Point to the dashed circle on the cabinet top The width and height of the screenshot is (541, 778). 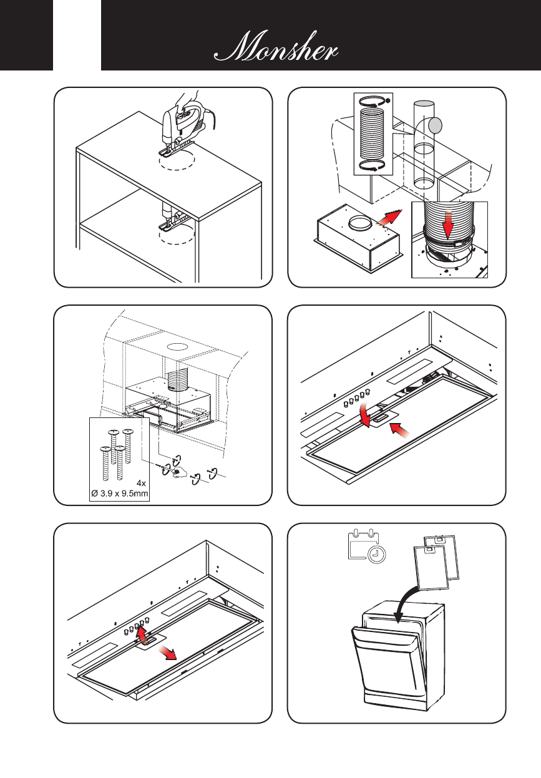tap(177, 161)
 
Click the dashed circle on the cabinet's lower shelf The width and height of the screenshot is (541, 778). tap(177, 235)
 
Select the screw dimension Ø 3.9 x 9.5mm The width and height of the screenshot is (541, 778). tap(122, 494)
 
